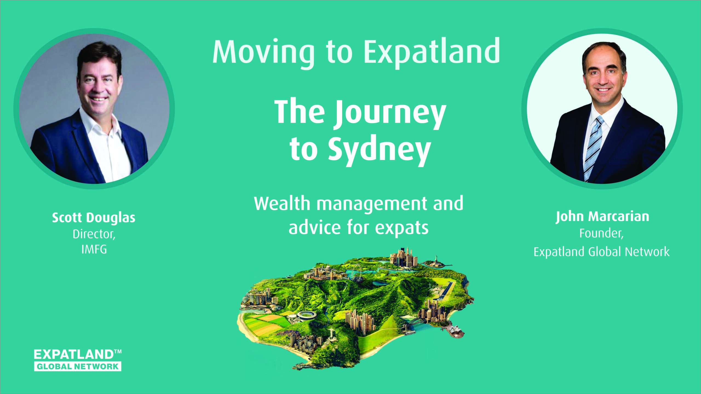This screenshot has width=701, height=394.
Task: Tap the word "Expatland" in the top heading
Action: [x=432, y=52]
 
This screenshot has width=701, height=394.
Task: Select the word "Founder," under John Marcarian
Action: [x=601, y=233]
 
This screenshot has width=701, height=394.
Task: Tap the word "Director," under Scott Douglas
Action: [x=94, y=234]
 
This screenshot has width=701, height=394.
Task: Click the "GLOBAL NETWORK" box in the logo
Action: [x=78, y=367]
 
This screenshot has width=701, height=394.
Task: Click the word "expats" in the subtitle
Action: [x=402, y=228]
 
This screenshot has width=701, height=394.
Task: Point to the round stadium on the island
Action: [x=307, y=315]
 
